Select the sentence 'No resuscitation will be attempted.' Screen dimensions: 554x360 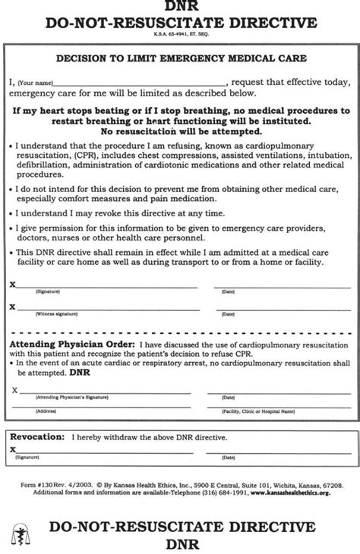(180, 130)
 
